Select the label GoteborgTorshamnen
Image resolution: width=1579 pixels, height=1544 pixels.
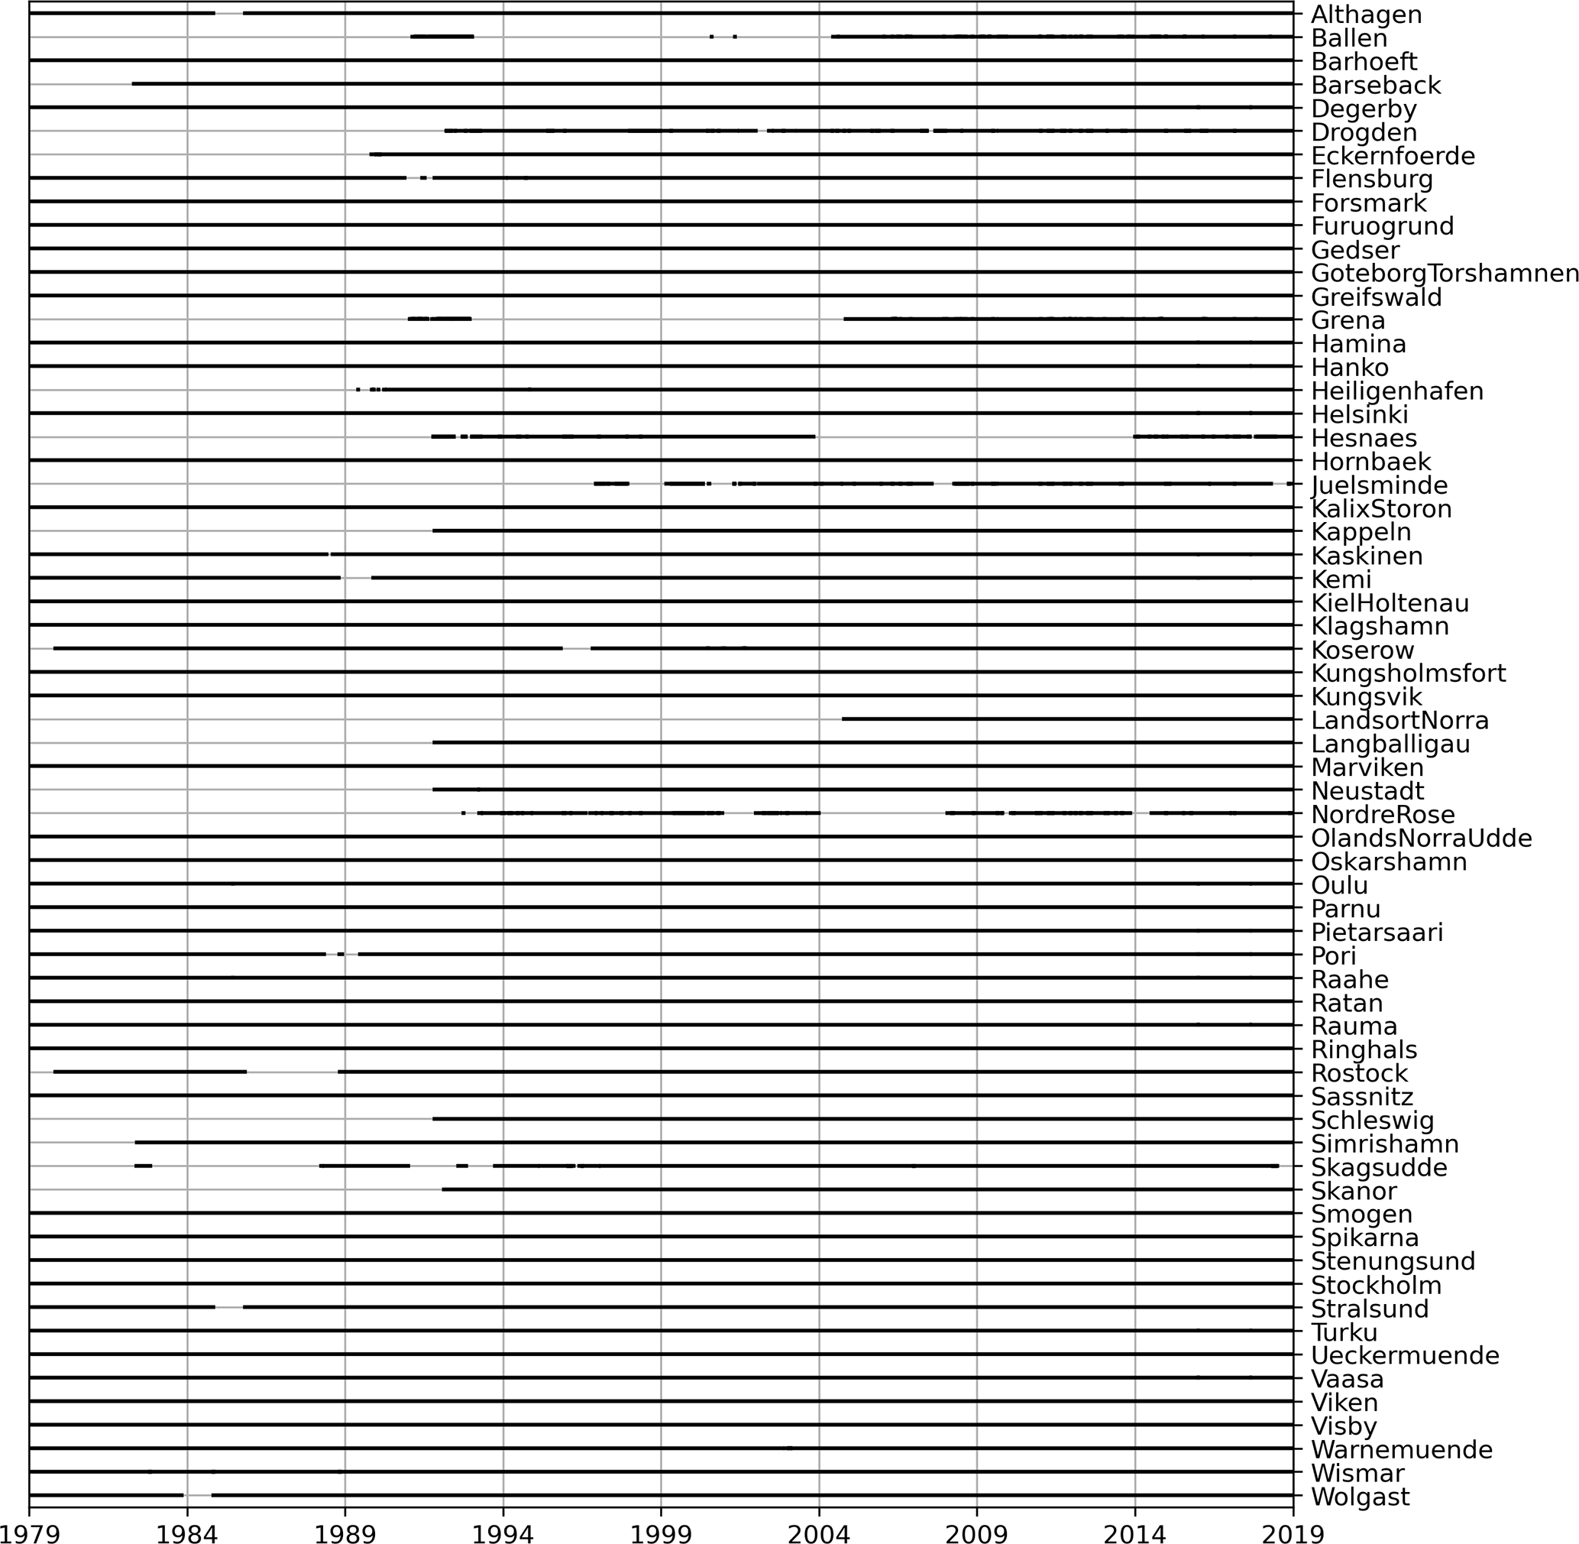1445,274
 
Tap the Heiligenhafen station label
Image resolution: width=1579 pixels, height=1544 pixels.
1396,391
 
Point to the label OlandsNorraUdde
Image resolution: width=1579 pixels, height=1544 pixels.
1421,838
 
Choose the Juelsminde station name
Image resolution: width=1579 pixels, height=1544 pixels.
1379,485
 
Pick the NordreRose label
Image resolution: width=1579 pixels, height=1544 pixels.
1382,814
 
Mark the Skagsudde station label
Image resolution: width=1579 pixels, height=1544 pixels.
1379,1167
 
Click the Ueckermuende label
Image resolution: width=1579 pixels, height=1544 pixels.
1405,1356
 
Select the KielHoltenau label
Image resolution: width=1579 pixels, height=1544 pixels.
1390,603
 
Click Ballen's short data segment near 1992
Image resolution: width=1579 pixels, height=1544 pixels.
442,37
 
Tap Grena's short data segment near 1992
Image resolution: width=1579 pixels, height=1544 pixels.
439,319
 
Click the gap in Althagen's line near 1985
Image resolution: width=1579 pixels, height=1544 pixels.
229,13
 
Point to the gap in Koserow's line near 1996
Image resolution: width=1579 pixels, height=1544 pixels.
576,649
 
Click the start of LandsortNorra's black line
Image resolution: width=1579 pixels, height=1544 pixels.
843,718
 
